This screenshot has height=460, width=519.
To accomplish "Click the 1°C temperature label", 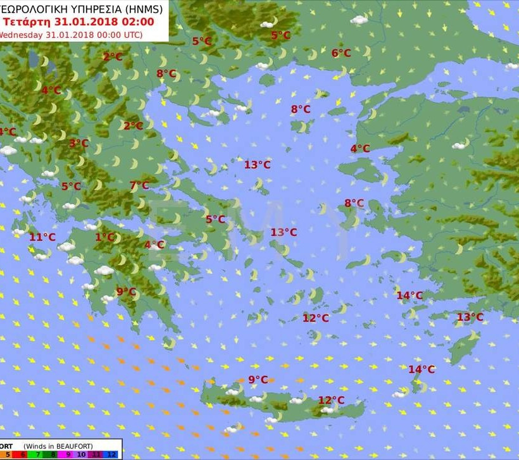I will click(105, 237).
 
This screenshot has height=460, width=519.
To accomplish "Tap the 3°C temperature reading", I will click(78, 144).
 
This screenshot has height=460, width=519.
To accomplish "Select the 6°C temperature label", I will click(341, 53).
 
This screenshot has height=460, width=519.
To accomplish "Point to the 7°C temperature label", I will click(139, 185).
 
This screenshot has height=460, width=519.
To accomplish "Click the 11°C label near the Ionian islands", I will click(42, 237).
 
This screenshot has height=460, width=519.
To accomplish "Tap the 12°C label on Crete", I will click(331, 400).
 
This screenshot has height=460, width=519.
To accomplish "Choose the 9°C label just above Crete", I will click(258, 380).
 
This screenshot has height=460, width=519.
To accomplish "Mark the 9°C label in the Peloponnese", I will click(126, 292).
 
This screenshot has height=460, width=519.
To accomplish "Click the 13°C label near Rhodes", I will click(470, 317).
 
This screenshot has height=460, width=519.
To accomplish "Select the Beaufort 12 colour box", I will click(112, 454).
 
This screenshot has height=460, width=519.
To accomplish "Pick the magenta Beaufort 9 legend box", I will click(68, 454).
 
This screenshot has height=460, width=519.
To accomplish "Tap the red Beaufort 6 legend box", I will click(23, 454).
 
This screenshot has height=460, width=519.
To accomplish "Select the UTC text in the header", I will click(131, 35).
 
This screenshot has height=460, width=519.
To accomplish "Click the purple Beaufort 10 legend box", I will click(82, 454).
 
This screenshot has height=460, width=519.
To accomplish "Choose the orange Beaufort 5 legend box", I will click(8, 454).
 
